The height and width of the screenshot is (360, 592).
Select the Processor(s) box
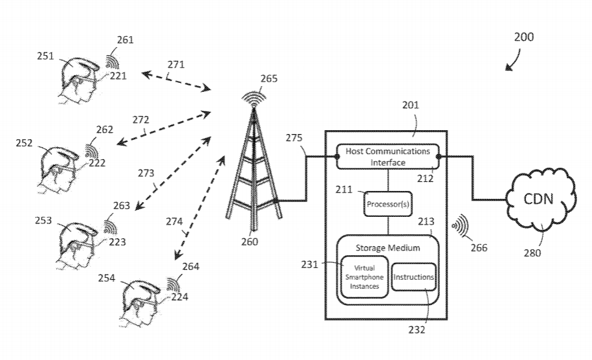388,205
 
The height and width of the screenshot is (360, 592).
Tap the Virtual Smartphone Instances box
364,278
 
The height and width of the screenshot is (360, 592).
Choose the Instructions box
413,277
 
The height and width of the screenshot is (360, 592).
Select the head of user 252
60,165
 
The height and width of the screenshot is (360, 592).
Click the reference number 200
524,37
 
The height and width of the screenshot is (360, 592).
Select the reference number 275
294,137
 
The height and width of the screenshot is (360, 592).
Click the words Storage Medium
388,247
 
